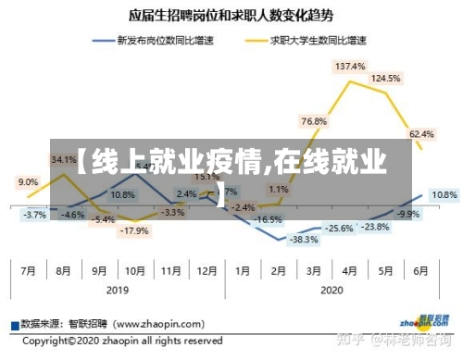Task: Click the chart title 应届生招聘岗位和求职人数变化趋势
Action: (x=231, y=17)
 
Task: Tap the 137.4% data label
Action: (x=350, y=67)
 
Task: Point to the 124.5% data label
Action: (x=385, y=79)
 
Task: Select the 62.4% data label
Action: (x=421, y=134)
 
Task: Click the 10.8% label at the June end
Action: (x=444, y=195)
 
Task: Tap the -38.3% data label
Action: (x=279, y=239)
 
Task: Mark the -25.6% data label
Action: (x=338, y=228)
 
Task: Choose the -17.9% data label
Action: (x=135, y=230)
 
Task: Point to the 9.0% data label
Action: (x=28, y=182)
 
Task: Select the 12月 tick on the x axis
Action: (x=206, y=271)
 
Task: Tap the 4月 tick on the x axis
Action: (x=348, y=271)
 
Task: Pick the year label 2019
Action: (x=117, y=290)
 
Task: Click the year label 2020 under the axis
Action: (x=331, y=290)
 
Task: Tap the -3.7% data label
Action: (x=34, y=215)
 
